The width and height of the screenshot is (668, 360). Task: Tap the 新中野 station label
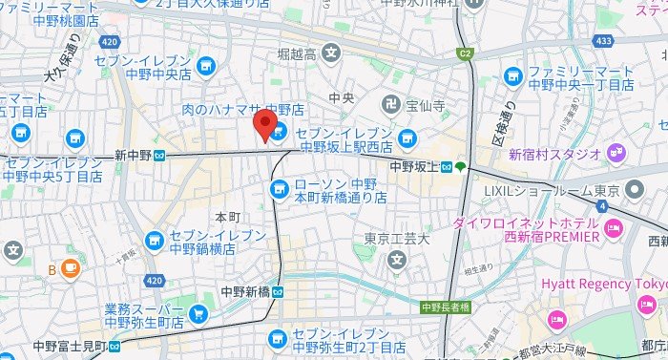point(135,155)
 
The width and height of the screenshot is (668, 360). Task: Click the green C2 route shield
point(466,53)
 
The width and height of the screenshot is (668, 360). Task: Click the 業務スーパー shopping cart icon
point(198,313)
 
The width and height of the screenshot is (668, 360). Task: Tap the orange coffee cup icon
point(70,269)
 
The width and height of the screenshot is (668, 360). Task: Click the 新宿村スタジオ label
point(553,153)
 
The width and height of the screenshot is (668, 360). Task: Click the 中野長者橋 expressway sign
point(446,307)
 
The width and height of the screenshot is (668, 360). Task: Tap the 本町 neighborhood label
point(226,217)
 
